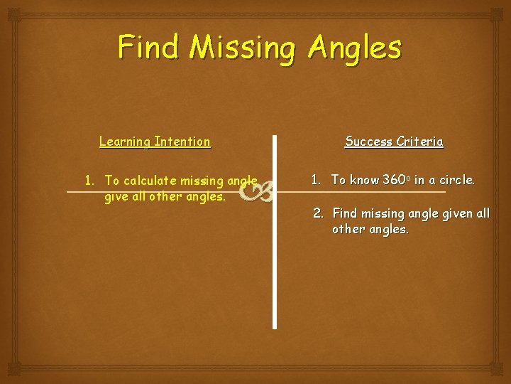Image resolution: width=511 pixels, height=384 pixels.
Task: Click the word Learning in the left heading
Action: tap(125, 142)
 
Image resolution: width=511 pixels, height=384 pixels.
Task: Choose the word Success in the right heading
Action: tap(368, 142)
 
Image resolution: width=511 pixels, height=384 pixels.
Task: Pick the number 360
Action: tap(395, 180)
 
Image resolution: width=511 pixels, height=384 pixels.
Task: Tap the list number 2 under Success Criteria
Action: tap(318, 213)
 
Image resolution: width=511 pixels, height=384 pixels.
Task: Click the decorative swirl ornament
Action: tap(256, 189)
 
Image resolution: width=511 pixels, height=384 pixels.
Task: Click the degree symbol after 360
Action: tap(410, 177)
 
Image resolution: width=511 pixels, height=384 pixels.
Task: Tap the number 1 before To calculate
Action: tap(89, 180)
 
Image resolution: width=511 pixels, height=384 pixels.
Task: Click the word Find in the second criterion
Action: tap(344, 213)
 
